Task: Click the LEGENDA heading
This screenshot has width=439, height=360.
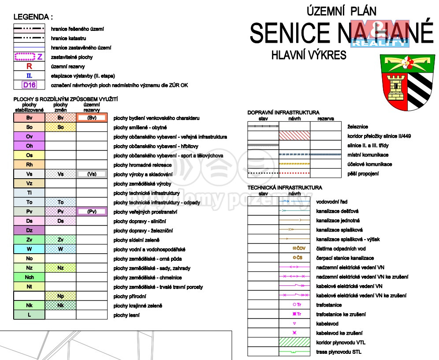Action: tap(33, 17)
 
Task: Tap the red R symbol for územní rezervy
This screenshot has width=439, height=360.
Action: tap(30, 67)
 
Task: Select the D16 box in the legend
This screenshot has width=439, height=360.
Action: tap(30, 85)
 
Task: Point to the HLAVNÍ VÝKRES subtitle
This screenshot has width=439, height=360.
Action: tap(309, 55)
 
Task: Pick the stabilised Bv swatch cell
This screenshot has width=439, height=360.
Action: tap(30, 118)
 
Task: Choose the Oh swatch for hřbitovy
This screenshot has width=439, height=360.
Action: tap(30, 146)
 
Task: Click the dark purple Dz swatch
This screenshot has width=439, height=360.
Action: tap(30, 230)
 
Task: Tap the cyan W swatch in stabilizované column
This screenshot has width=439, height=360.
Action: tap(30, 249)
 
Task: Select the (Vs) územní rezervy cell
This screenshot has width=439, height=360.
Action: tap(92, 174)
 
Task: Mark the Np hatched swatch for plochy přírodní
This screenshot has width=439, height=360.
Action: tap(61, 296)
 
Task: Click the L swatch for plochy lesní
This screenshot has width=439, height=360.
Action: tap(30, 315)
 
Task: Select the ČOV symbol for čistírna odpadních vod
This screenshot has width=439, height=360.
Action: tap(299, 248)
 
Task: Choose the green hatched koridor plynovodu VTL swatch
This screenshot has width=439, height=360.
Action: tap(294, 342)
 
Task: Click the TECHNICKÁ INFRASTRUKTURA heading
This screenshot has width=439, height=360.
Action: tap(285, 187)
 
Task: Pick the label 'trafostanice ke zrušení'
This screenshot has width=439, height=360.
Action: tap(341, 315)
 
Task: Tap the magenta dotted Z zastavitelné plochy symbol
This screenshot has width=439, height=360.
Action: tap(29, 57)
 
